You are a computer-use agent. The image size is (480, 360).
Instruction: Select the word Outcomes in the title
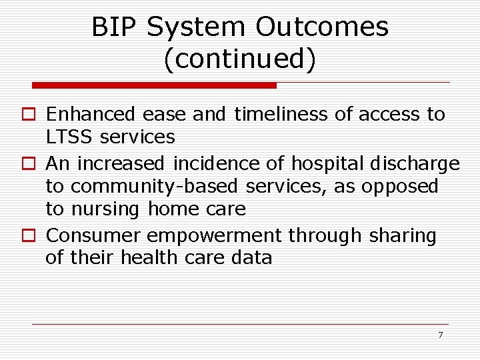[x=321, y=27]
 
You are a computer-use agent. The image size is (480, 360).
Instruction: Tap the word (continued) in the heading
[x=239, y=59]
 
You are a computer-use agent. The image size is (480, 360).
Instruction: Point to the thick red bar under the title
[x=155, y=85]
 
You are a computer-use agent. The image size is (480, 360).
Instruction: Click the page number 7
[x=440, y=335]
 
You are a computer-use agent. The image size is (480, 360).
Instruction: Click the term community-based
[x=155, y=187]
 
